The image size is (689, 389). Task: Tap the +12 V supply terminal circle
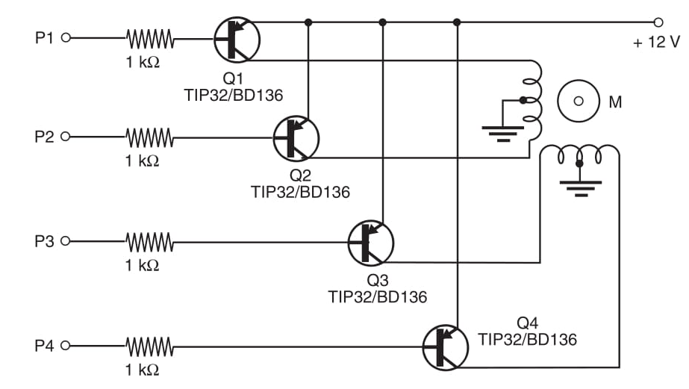658,22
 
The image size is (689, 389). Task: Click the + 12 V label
656,43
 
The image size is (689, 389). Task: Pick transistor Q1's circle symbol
237,39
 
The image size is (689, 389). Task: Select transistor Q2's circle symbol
296,137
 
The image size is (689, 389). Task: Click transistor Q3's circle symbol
370,242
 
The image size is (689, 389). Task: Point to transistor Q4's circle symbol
445,346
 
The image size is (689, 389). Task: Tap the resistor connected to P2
149,137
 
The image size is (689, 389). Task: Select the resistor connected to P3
149,241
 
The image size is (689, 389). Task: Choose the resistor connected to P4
149,346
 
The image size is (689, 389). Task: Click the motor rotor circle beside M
578,101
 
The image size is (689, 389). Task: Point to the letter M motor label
615,102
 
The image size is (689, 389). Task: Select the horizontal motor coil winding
579,153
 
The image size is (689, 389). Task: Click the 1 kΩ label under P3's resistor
142,265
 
